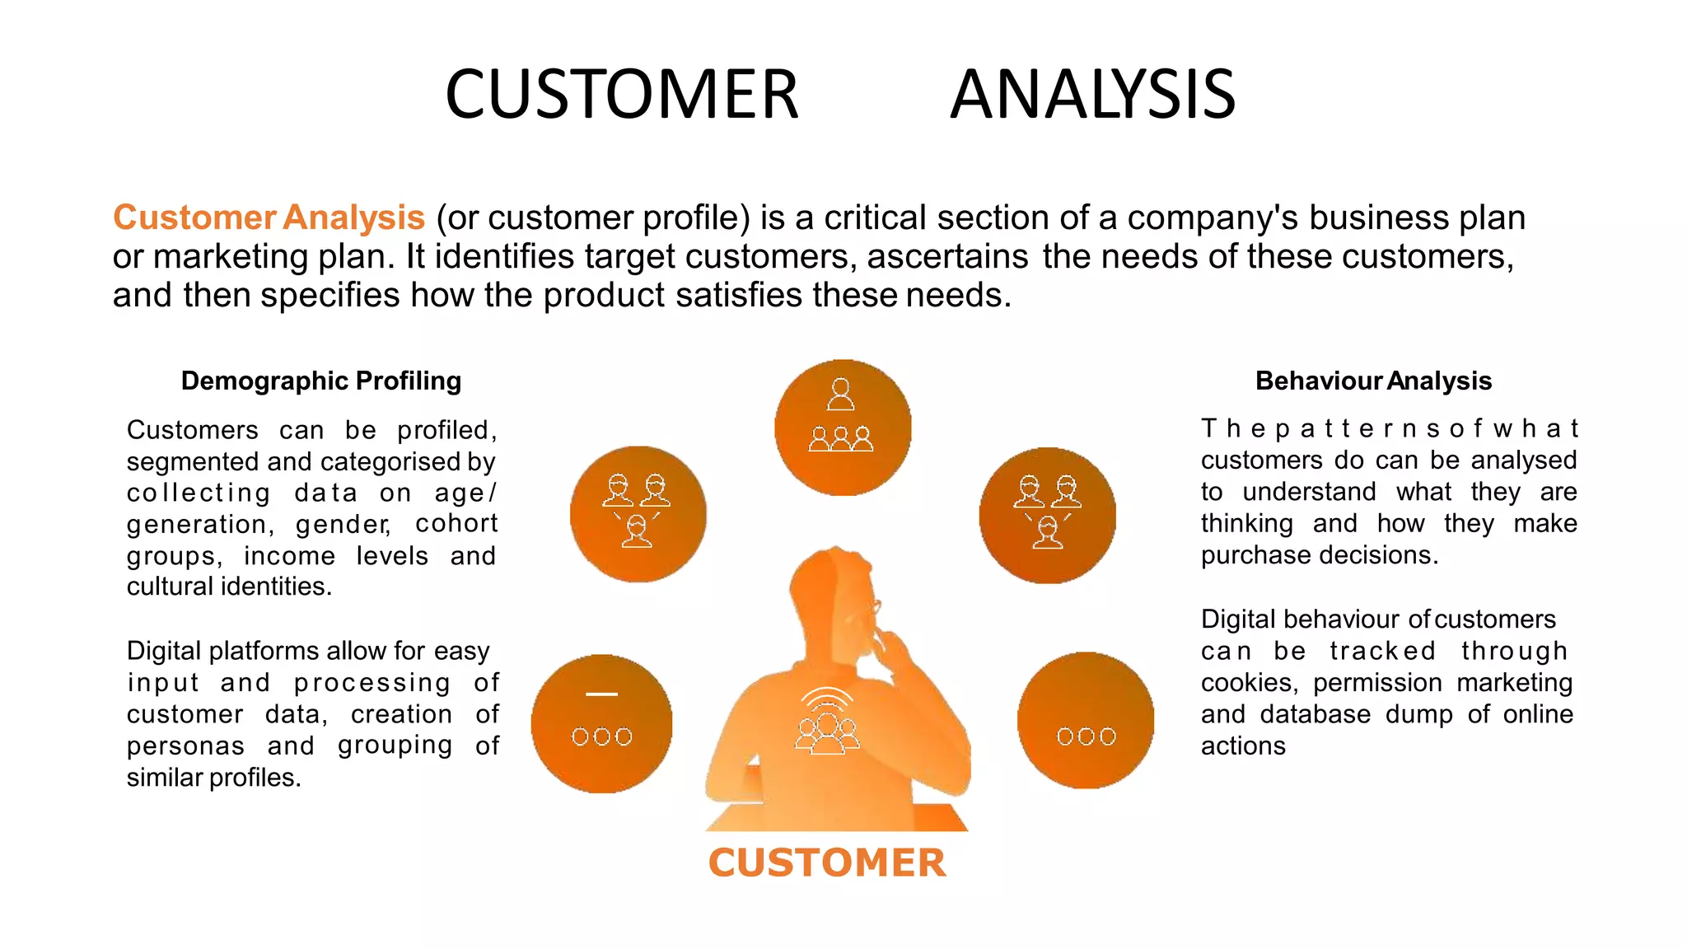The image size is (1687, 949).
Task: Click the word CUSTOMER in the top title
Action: (622, 95)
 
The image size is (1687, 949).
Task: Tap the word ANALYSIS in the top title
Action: (1092, 95)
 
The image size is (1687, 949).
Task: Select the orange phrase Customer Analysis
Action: (269, 217)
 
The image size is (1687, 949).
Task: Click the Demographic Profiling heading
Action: (320, 381)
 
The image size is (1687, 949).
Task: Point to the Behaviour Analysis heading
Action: (1373, 381)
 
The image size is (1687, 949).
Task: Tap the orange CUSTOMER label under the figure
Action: (827, 863)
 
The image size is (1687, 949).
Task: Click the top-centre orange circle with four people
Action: (842, 428)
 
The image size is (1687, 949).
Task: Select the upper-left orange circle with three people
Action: (638, 514)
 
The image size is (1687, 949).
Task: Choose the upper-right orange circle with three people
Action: (1047, 516)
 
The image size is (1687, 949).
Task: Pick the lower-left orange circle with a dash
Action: (601, 724)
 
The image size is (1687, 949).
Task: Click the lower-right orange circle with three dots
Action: (1086, 721)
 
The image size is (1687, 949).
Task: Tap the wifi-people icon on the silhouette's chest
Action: (827, 722)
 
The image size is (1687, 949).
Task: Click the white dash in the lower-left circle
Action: (601, 694)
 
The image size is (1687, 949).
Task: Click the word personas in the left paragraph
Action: (185, 746)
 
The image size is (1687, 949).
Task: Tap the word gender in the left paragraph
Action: (342, 524)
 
